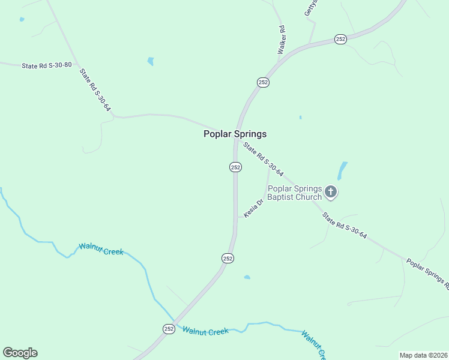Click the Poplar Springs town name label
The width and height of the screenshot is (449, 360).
(235, 134)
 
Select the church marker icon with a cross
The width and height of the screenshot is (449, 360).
(330, 192)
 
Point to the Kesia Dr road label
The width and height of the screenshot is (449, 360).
(254, 208)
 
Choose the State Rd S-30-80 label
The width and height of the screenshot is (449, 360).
(46, 65)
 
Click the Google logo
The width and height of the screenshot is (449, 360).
(20, 353)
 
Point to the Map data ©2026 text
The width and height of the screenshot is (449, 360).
(423, 355)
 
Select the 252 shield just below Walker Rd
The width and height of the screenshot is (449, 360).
(263, 82)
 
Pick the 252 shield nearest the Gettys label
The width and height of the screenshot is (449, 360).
(340, 39)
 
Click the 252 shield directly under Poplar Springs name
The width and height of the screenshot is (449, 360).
(235, 167)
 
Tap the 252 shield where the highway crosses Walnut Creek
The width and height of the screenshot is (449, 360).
(169, 328)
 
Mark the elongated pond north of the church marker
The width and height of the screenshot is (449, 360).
(342, 171)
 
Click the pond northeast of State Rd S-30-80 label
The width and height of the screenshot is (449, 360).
(150, 61)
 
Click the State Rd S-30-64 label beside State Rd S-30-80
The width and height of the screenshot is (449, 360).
(95, 89)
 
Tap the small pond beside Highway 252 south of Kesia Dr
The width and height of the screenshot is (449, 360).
(247, 277)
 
